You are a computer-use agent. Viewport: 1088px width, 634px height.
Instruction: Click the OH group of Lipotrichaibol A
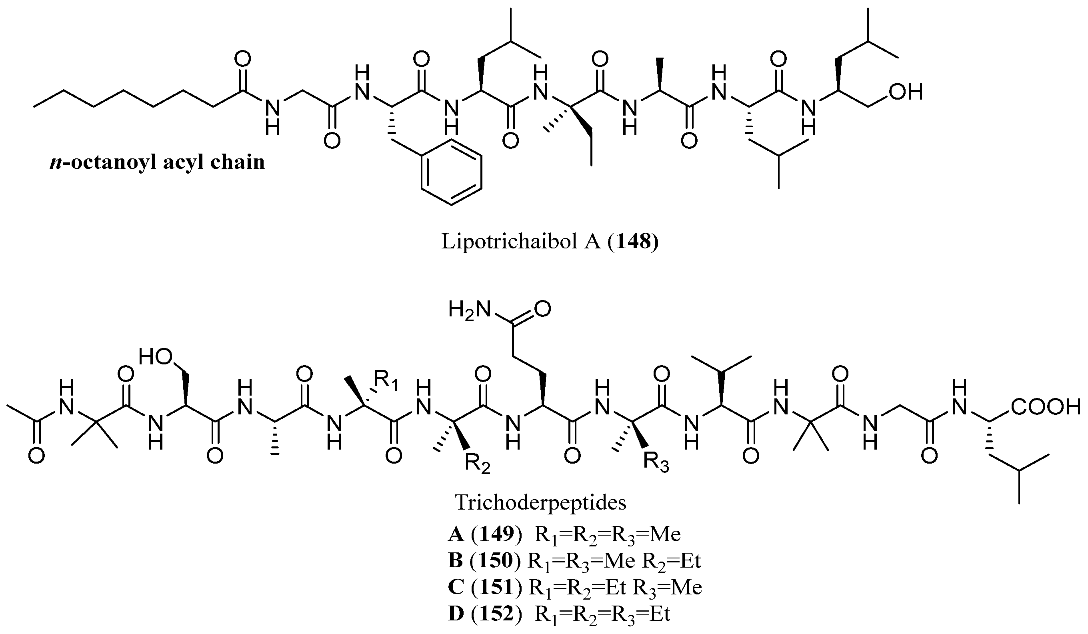(x=906, y=92)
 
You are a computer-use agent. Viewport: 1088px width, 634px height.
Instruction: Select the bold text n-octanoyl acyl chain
(x=157, y=162)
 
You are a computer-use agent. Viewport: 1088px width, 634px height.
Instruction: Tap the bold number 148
(x=633, y=242)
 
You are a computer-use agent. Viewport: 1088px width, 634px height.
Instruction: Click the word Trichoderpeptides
(x=540, y=502)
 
